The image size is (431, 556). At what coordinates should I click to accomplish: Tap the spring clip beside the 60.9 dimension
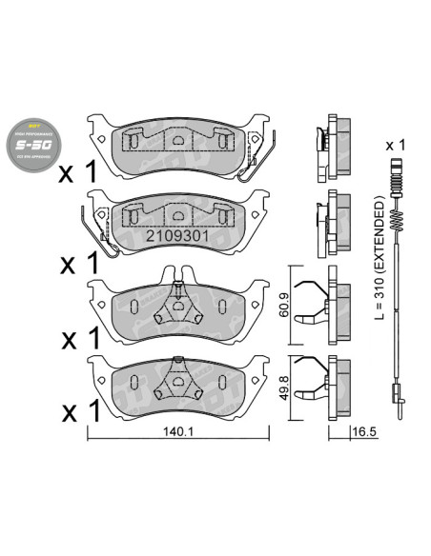(312, 302)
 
